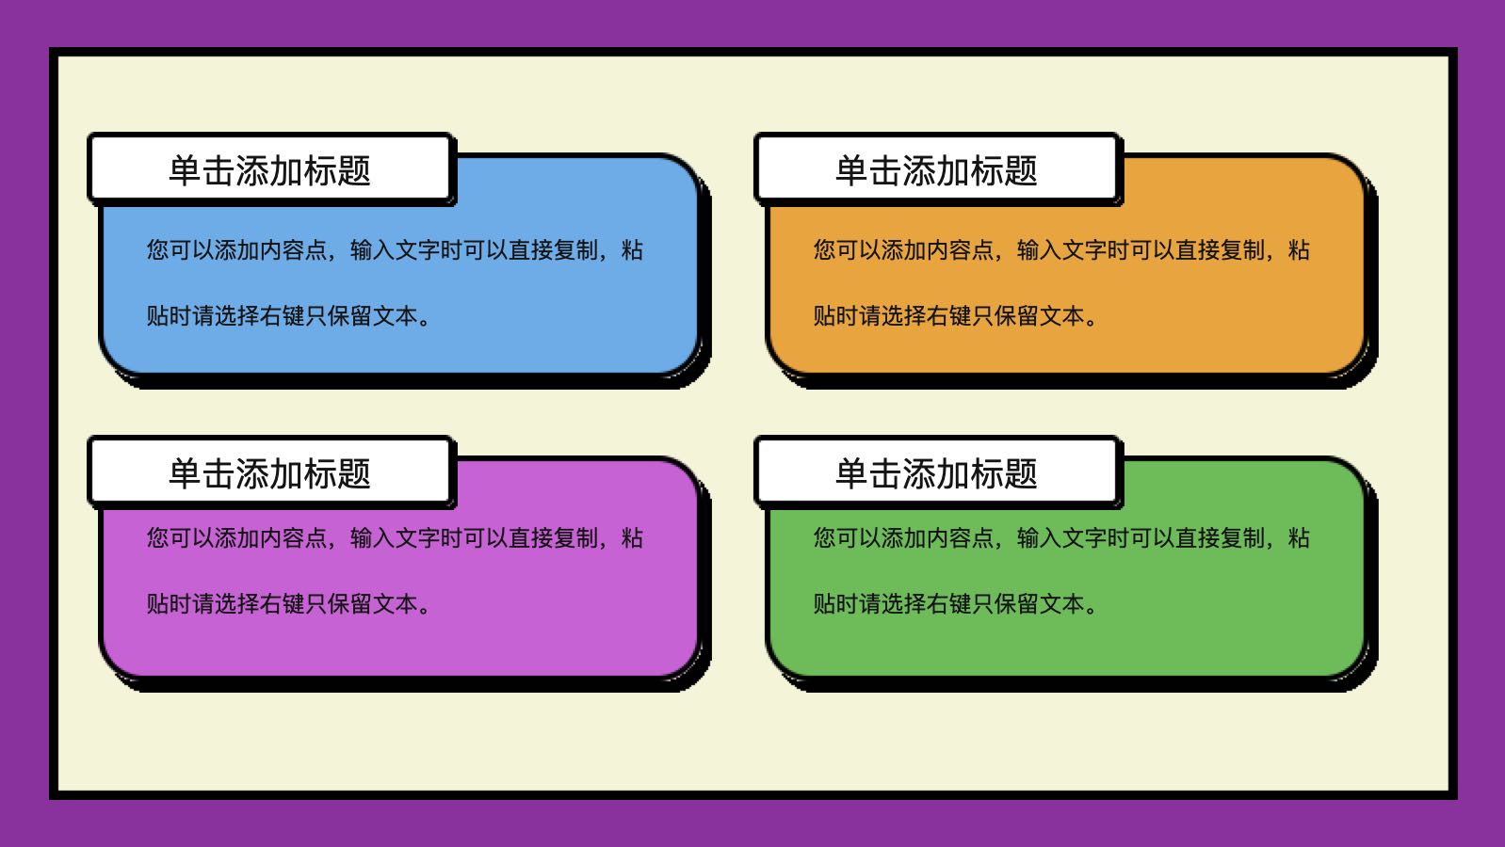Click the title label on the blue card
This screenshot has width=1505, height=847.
(269, 169)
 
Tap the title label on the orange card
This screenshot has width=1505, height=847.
(936, 169)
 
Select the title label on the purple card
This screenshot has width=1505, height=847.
(269, 473)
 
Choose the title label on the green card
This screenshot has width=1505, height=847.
(936, 473)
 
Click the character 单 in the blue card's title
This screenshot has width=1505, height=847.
(185, 170)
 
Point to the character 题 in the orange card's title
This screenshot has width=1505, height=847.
(1021, 170)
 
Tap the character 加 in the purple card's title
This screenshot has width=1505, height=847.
(286, 473)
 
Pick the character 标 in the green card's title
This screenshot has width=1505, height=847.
(987, 473)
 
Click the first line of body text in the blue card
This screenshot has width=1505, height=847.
(395, 250)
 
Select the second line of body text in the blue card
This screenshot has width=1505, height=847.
(289, 315)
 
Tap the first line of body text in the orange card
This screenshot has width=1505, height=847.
(1061, 250)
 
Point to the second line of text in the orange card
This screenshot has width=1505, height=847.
(955, 315)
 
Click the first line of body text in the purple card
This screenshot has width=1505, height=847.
(395, 538)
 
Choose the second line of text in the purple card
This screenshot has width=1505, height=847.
(289, 604)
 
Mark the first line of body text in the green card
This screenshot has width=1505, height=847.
(1061, 538)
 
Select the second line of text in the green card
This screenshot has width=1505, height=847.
(955, 604)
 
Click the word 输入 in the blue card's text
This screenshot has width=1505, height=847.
(372, 250)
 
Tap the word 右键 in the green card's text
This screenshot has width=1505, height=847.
(948, 604)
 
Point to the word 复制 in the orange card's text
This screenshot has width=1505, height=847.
(1242, 250)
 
